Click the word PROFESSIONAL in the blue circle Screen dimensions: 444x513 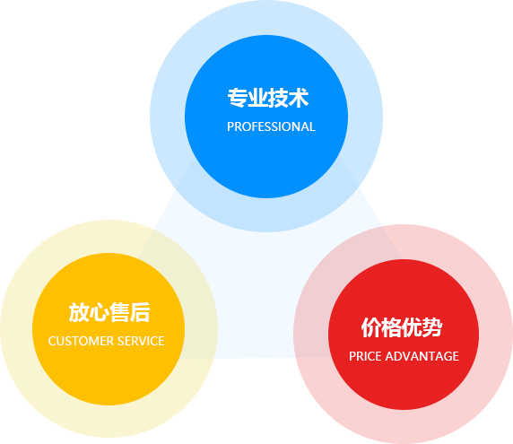coord(271,127)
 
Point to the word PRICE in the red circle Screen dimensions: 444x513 coord(364,356)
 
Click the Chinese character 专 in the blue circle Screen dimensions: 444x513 coord(238,98)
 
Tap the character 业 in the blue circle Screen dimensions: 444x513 coord(259,98)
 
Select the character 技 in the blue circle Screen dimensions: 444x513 coord(281,98)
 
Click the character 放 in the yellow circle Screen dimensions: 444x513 coord(79,312)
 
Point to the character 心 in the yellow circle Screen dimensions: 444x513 coord(100,312)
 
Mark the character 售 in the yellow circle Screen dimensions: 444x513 coord(120,312)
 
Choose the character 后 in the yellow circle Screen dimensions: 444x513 coord(141,312)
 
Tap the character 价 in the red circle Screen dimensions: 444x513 coord(371,327)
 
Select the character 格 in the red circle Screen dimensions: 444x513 coord(392,327)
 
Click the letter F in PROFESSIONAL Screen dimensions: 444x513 coord(252,127)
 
